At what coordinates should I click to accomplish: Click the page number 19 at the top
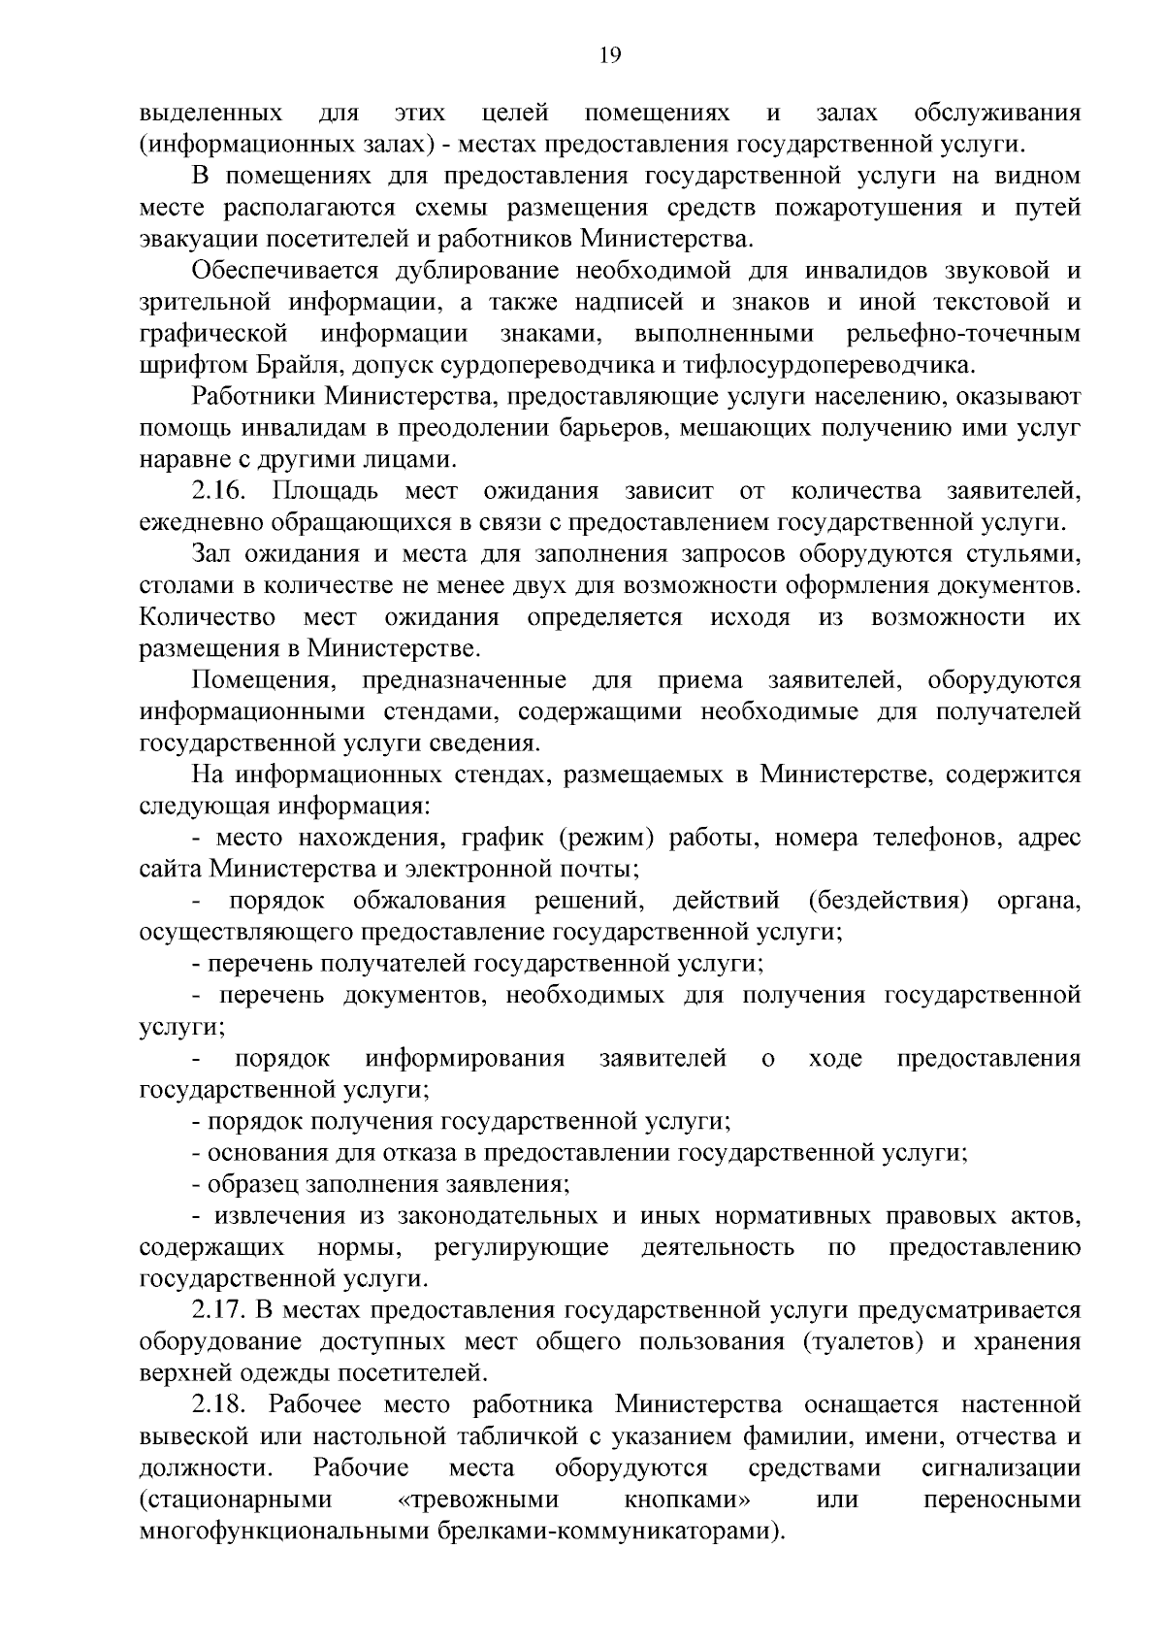(x=610, y=54)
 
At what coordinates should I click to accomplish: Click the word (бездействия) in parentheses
(x=889, y=901)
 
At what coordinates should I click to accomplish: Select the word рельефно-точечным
(x=963, y=334)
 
